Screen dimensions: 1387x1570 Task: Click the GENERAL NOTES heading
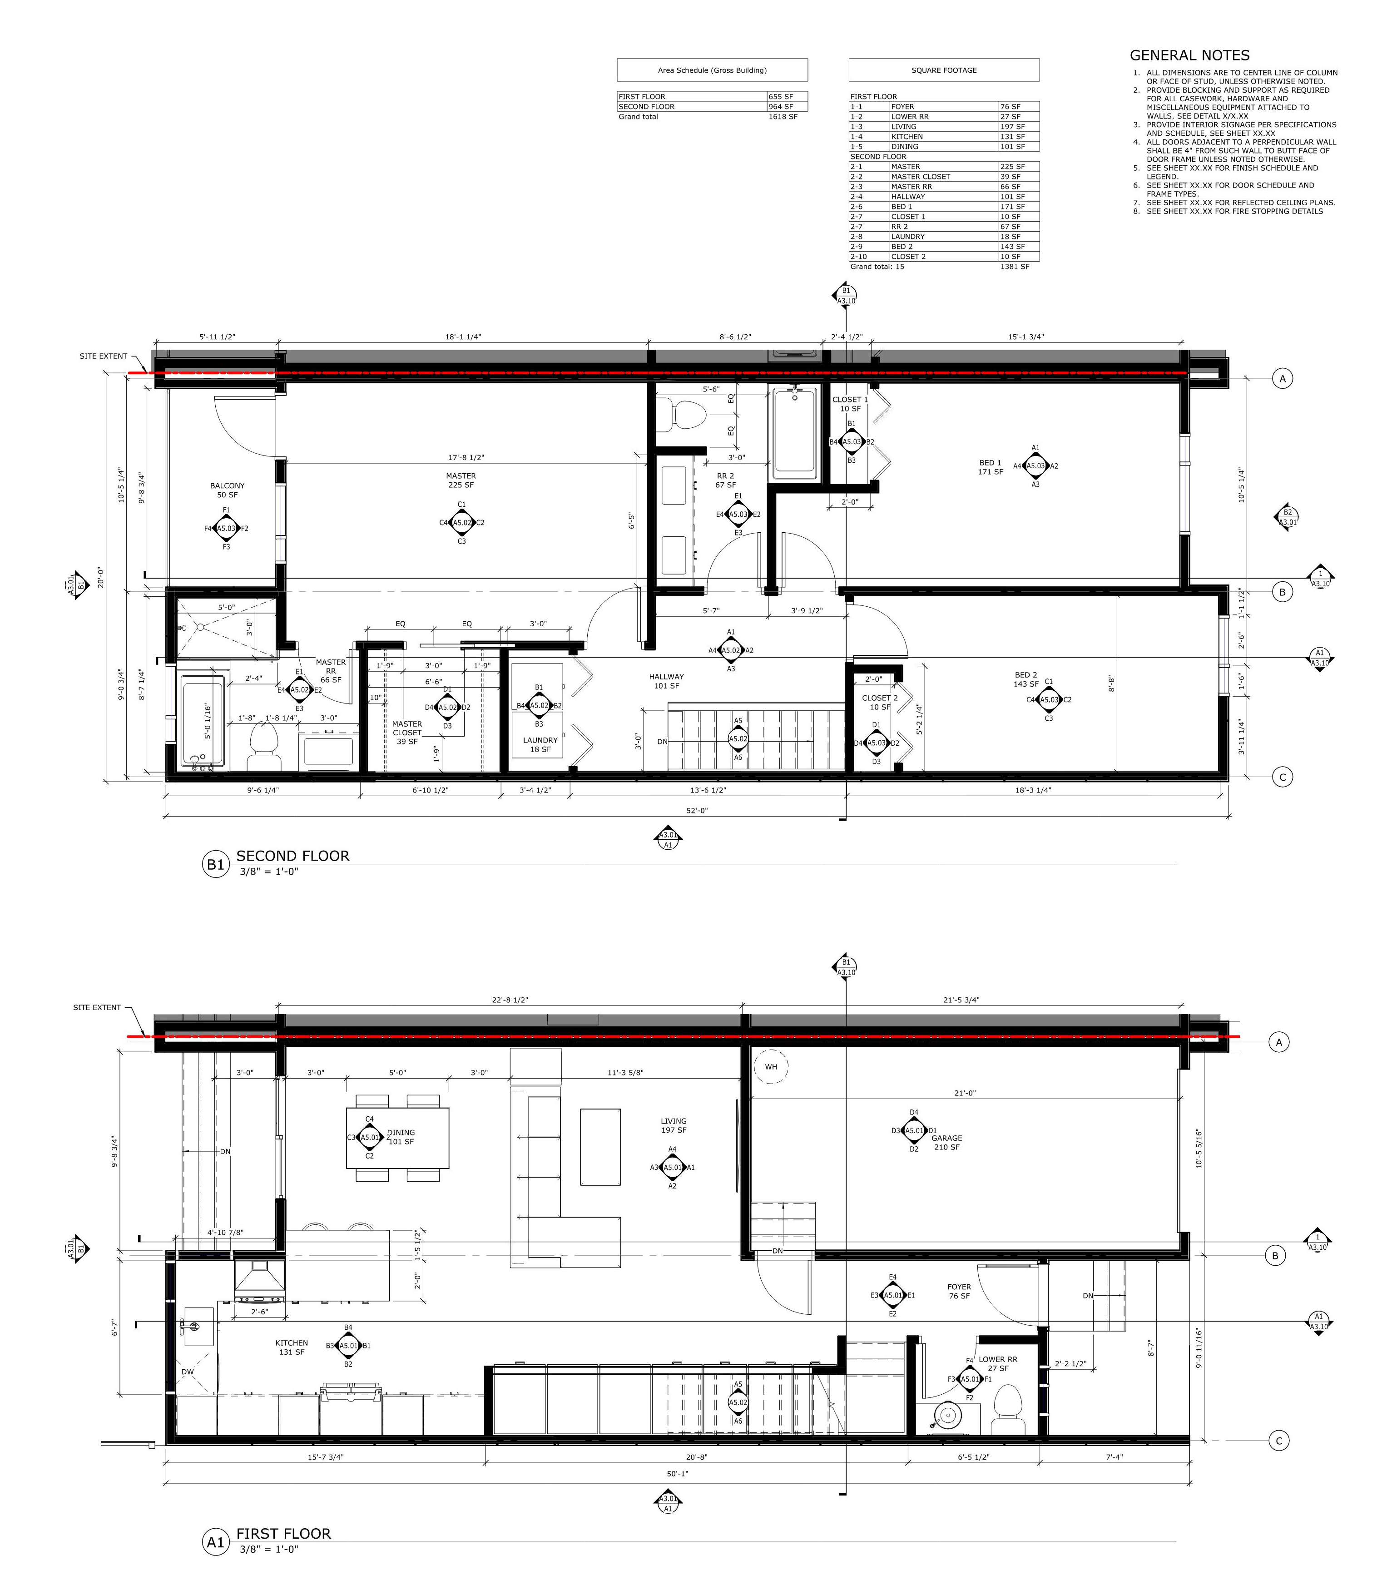tap(1189, 55)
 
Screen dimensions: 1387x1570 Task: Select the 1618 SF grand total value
tap(783, 117)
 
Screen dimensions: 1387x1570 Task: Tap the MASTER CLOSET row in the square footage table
tap(944, 177)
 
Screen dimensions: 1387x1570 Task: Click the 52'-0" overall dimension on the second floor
tap(697, 810)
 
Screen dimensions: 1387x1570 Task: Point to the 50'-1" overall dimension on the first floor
tap(677, 1474)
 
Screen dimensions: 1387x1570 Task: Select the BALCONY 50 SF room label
tap(228, 490)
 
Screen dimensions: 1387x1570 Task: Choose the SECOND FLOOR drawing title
tap(292, 856)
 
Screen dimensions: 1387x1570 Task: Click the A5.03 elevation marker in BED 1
tap(1035, 466)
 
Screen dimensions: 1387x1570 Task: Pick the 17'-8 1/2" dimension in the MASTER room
tap(461, 458)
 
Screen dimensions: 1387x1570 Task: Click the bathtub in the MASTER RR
tap(203, 720)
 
